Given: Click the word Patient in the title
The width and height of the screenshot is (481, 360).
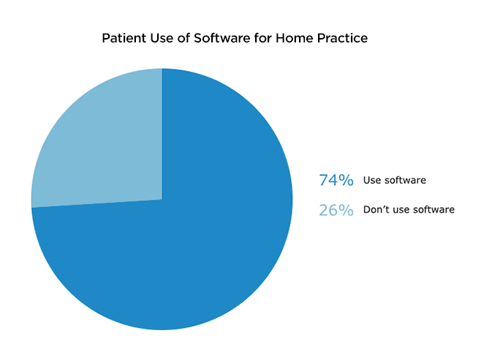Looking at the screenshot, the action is (124, 38).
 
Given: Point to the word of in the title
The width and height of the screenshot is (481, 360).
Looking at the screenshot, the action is (183, 38).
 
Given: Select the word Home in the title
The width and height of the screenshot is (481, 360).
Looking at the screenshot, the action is (294, 38).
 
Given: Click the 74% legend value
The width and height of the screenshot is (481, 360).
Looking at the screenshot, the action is (336, 180).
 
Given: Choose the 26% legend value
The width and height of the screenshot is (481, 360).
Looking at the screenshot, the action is (336, 210).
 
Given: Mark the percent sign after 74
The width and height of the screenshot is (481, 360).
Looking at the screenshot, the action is (346, 180).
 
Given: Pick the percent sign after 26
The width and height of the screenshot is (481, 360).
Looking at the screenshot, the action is (346, 210).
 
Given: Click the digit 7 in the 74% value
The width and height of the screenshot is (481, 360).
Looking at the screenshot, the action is (324, 180).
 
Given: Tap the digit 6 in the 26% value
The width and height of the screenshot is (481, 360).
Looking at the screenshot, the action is (334, 210).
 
